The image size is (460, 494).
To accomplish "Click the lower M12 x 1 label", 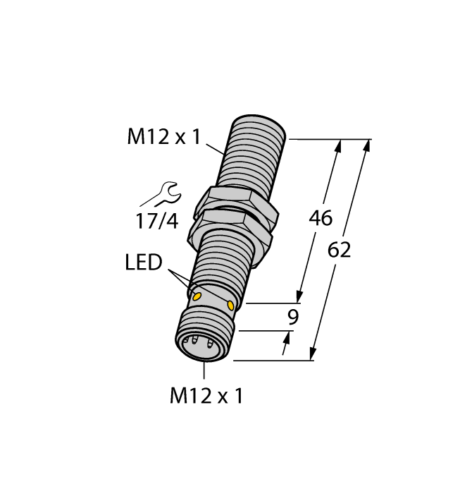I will [x=206, y=397].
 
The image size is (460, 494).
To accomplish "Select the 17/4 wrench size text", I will [x=156, y=221].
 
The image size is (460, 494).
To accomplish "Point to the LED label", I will [x=144, y=263].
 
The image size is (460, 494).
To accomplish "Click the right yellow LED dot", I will [x=232, y=304].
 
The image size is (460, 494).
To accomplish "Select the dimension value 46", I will [x=321, y=219].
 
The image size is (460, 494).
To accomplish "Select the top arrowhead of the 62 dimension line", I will [x=366, y=145].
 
